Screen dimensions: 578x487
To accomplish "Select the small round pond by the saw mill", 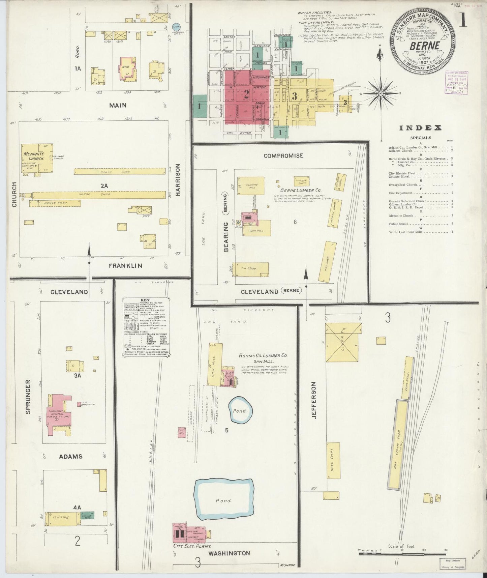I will tap(241, 410).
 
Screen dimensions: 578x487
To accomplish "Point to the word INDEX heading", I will tap(420, 128).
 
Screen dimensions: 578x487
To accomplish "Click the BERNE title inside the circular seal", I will tap(424, 46).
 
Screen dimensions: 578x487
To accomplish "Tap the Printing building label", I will tap(61, 517).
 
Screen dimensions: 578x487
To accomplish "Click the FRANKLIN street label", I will tap(125, 266).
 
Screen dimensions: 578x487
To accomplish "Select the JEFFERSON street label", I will tap(314, 400).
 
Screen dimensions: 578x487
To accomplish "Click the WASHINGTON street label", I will tap(229, 553).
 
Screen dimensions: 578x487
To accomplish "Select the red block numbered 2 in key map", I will tap(247, 95).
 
